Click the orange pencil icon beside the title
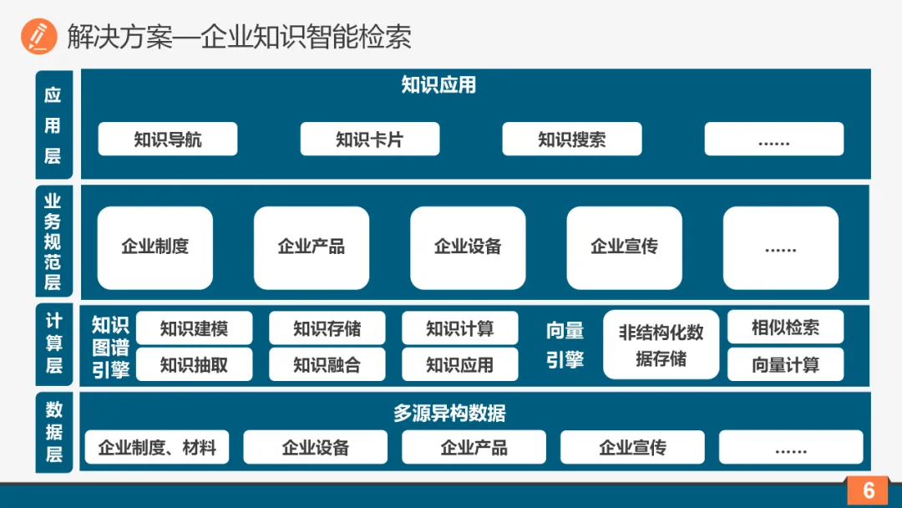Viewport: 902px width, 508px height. (x=39, y=37)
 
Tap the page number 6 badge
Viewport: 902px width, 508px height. (x=868, y=490)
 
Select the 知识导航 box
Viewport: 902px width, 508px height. (x=168, y=139)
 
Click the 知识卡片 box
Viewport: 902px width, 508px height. (x=370, y=139)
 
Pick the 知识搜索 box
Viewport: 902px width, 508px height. (x=572, y=139)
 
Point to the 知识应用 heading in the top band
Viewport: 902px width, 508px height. (x=438, y=85)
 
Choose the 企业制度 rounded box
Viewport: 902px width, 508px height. (x=155, y=247)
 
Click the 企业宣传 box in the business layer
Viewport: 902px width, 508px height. (x=624, y=247)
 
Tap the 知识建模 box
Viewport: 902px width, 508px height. (x=194, y=328)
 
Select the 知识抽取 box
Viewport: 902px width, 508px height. (x=194, y=364)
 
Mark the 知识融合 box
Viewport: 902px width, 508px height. (x=327, y=364)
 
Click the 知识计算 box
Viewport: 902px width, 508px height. (x=459, y=328)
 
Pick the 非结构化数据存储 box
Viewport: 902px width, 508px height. (x=661, y=345)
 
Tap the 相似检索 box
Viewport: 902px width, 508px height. (x=785, y=328)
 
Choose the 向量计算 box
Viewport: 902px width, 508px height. (x=785, y=364)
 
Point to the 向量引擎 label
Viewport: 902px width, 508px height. (x=565, y=345)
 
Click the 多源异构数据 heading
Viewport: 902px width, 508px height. (x=449, y=413)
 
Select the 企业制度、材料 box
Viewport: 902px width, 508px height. (x=157, y=448)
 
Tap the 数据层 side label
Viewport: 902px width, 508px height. (x=53, y=432)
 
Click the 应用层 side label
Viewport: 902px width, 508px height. (x=53, y=124)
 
